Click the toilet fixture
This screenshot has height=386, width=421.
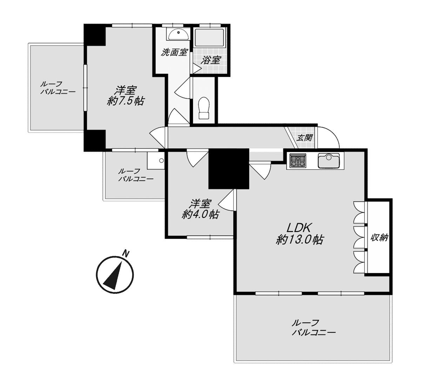click(204, 108)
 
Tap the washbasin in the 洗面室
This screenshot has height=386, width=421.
click(178, 34)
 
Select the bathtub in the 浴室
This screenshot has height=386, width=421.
click(209, 38)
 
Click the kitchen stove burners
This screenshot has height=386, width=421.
click(298, 161)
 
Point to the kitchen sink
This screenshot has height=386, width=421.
click(329, 161)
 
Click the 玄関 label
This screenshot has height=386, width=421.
click(305, 138)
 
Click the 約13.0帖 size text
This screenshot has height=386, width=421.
click(300, 240)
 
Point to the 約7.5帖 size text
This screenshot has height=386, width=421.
click(126, 101)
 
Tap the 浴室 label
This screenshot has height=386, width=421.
click(211, 60)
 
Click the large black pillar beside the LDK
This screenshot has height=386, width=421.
click(229, 169)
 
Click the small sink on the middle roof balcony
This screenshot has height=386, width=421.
click(155, 161)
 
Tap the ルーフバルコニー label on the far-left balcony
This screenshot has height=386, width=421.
click(58, 88)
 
